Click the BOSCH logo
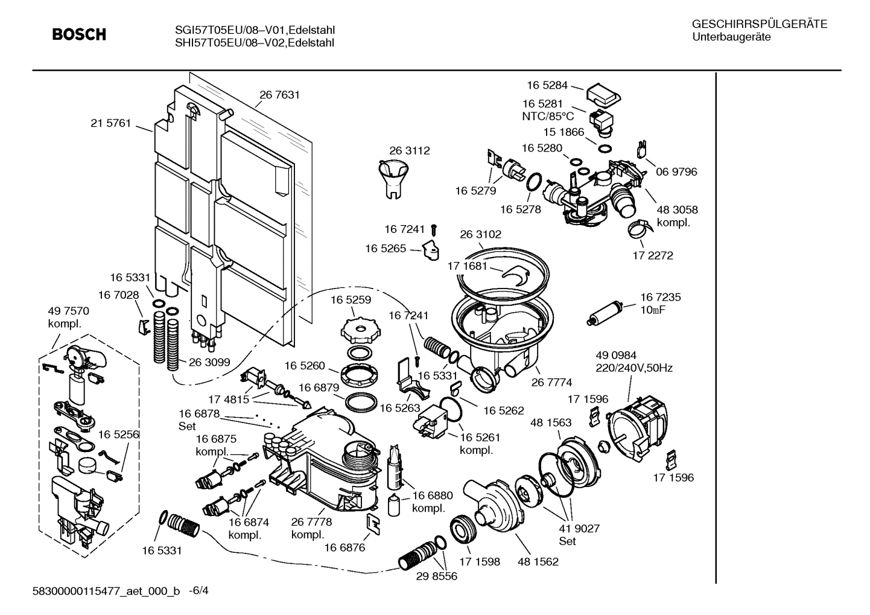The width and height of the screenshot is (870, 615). point(79,35)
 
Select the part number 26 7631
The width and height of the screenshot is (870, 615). point(279,95)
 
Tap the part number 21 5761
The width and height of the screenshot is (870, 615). point(110,123)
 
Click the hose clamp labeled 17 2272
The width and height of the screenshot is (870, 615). point(639,229)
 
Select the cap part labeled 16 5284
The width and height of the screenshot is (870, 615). point(603,94)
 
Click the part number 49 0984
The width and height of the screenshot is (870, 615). point(616,355)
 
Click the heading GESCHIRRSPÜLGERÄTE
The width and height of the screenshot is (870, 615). point(759,24)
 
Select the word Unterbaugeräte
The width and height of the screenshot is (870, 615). point(731,37)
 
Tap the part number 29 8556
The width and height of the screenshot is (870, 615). point(437,576)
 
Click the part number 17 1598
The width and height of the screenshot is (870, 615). point(480,562)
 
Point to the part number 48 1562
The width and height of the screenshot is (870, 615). point(538,562)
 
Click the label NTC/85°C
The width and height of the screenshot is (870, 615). point(548,116)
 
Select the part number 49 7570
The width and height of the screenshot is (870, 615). point(68,311)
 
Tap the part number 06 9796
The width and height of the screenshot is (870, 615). point(676,172)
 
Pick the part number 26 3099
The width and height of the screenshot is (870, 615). point(209,363)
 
